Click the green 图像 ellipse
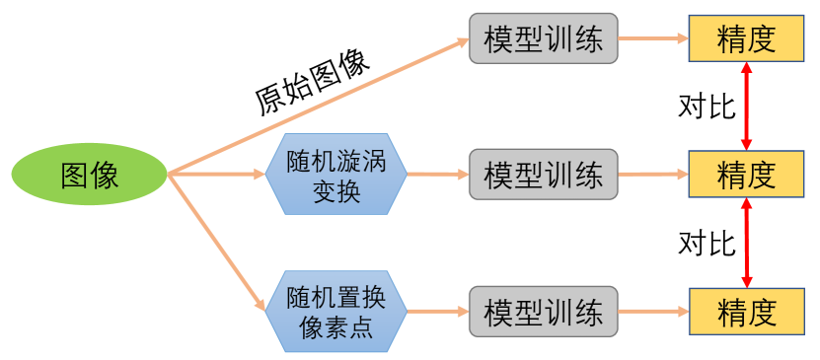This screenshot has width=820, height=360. tap(90, 176)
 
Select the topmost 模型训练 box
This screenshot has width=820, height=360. tap(543, 38)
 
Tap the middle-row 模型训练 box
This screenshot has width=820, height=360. tap(543, 175)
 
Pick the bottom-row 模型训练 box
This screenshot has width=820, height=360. tap(543, 313)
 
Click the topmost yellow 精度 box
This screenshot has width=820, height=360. tap(746, 38)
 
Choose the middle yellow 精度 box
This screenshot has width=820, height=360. tap(746, 175)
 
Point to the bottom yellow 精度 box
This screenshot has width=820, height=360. tap(746, 313)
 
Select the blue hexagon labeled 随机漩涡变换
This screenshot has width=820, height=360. tap(335, 176)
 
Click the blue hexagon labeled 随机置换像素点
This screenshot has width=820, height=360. tap(335, 312)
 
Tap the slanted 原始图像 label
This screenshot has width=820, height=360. tap(312, 83)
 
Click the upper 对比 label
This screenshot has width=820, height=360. tap(708, 106)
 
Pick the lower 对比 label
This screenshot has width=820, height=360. tap(708, 243)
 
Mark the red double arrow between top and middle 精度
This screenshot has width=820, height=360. tap(747, 106)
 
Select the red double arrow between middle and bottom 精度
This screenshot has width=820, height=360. tap(747, 243)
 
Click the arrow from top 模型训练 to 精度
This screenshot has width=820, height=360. tap(652, 38)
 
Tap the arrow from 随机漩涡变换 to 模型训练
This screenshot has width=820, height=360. tap(437, 175)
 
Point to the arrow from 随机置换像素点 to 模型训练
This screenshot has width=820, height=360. tap(437, 312)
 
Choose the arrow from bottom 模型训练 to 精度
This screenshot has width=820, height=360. tap(652, 313)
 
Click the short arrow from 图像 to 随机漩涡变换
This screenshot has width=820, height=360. tap(217, 176)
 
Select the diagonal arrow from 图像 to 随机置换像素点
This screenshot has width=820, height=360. tap(219, 243)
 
